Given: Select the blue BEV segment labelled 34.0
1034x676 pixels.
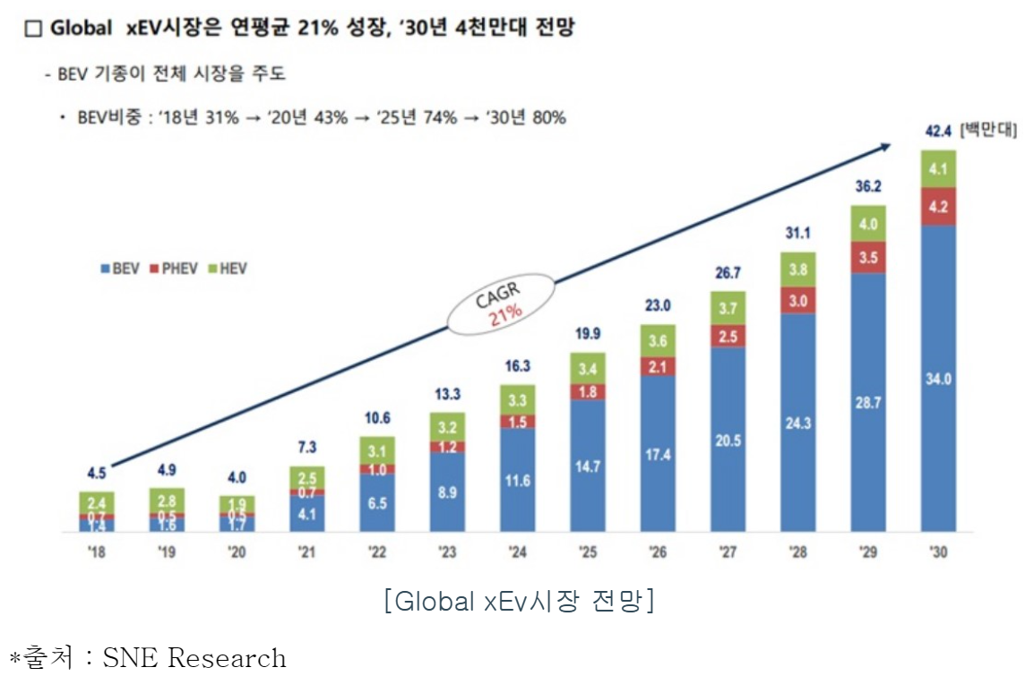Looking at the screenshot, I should (936, 378).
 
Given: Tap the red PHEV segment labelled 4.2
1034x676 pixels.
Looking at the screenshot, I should (936, 206).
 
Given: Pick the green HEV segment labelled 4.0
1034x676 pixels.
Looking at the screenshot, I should (867, 224).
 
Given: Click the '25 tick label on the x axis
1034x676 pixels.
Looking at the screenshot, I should (587, 552).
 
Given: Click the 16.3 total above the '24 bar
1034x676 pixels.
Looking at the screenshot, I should (517, 367).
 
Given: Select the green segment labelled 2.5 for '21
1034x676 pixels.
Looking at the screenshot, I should (306, 476).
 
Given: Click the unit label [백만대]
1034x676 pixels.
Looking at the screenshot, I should (988, 131).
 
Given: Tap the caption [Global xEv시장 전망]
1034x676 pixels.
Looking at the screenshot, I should (518, 601).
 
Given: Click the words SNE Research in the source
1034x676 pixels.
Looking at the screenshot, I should (194, 659).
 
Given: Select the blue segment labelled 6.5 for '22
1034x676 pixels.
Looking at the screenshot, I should (377, 503).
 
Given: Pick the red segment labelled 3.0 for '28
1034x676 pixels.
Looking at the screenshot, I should (797, 300).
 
